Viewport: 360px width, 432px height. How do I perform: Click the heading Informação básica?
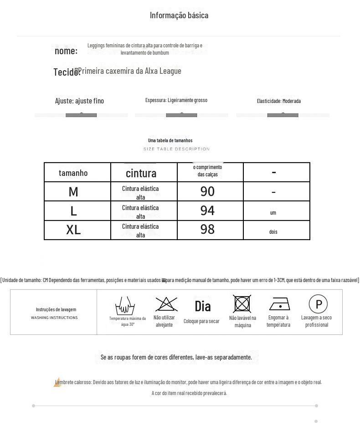point(179,15)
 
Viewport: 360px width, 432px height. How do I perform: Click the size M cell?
point(73,192)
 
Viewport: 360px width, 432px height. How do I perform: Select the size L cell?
point(73,211)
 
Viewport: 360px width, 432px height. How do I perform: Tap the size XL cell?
point(73,230)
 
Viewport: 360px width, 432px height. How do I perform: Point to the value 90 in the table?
point(207,191)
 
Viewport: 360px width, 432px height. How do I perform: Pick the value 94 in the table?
point(207,211)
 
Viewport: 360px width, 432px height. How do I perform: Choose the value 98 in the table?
point(207,229)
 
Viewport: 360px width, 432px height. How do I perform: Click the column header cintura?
point(141,173)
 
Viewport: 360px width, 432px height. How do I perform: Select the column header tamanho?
point(73,173)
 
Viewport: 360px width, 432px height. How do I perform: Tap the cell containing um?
point(273,213)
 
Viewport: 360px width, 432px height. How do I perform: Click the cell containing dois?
point(273,232)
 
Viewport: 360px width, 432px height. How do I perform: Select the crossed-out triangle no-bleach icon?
point(166,304)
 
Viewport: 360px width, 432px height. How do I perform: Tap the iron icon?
point(279,304)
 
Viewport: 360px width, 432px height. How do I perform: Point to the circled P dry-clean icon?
point(318,304)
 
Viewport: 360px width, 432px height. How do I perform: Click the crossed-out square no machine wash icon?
point(242,304)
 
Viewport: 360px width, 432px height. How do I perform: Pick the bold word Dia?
point(202,306)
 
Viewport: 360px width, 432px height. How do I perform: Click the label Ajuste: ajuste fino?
point(79,101)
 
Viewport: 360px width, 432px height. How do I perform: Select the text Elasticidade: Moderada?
point(278,101)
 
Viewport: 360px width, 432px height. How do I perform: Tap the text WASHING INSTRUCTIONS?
point(54,318)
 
